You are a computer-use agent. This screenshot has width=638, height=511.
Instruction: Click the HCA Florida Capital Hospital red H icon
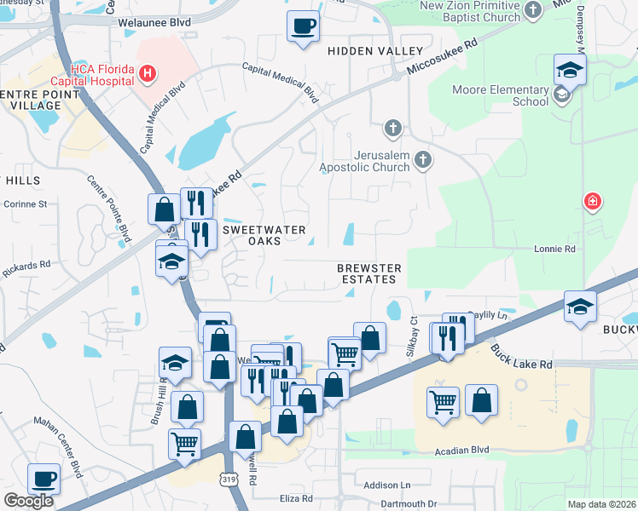coord(148,73)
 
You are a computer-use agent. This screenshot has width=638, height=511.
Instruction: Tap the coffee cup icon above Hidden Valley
coord(303,26)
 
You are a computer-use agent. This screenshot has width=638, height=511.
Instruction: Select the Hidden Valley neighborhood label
coord(363,52)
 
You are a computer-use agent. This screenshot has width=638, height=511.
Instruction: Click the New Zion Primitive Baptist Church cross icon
coord(533,11)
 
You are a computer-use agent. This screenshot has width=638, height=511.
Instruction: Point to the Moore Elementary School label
coord(513,95)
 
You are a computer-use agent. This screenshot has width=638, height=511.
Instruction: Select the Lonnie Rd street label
coord(555,250)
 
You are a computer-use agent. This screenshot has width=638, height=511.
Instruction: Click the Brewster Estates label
coord(368,273)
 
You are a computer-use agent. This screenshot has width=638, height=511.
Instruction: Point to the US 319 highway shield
coord(229,481)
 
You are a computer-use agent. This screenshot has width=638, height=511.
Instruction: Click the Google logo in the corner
coord(28,501)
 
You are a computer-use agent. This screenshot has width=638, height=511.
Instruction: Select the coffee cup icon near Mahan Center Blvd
coord(43,478)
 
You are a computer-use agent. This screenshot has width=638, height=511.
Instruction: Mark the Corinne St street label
coord(26,204)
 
